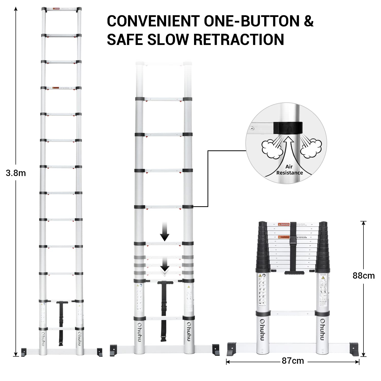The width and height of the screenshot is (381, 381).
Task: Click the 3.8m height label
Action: pos(16,173)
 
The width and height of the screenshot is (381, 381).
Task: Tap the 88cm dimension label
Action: pos(363,276)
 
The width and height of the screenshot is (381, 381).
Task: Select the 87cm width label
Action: pos(293,361)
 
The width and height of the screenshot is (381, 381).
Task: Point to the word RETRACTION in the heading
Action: pos(239,40)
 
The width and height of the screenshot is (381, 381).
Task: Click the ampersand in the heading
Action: pos(309,21)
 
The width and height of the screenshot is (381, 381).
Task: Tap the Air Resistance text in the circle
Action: pos(289,170)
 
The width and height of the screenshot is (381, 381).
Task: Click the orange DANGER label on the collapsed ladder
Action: pos(283,225)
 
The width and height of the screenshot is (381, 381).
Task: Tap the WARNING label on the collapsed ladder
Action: pos(283,237)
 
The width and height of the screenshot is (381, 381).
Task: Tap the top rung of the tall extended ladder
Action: pos(61,9)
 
